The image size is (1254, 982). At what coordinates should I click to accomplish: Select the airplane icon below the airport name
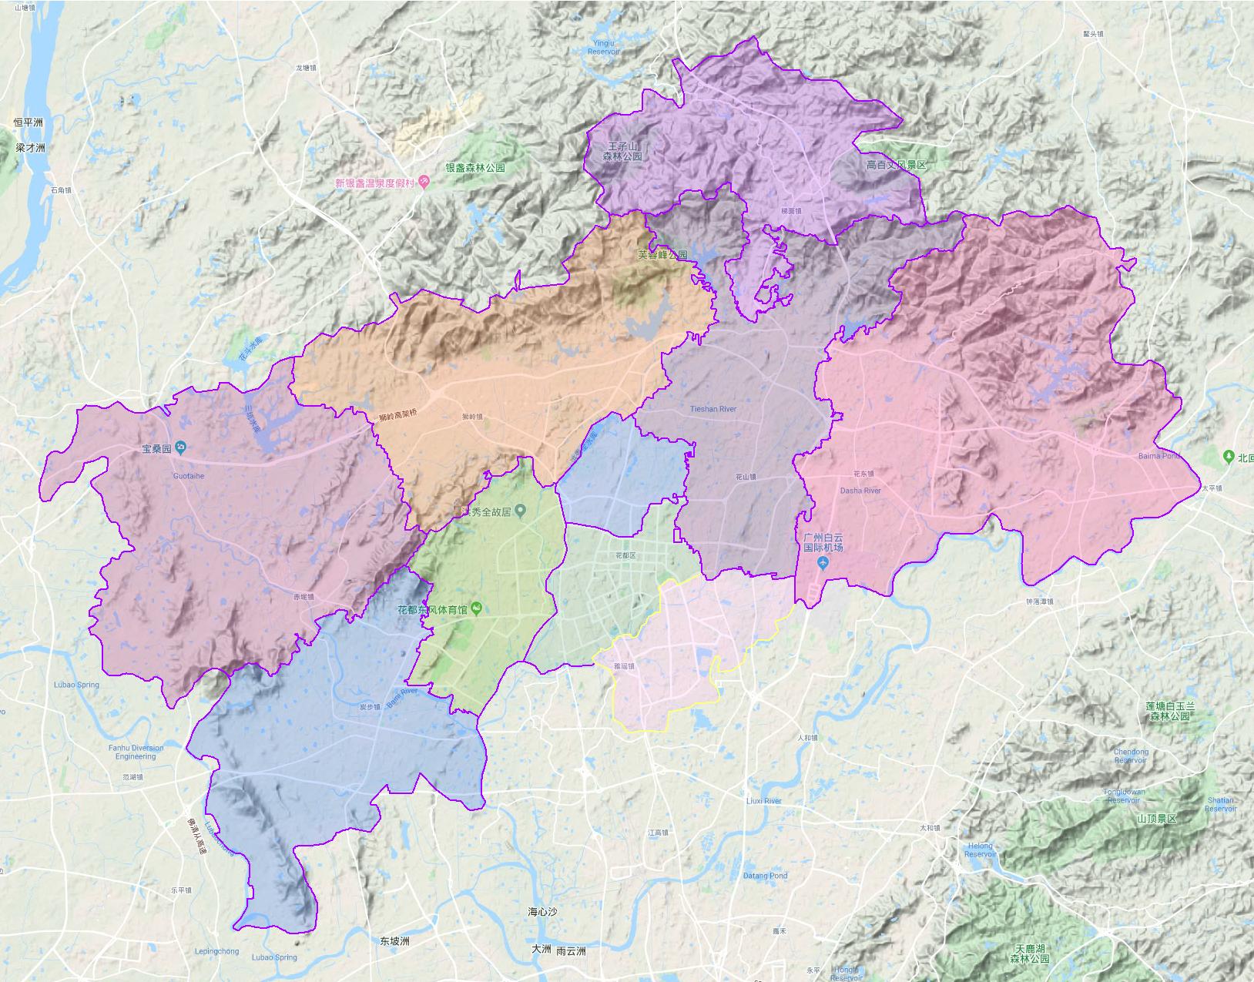point(823,564)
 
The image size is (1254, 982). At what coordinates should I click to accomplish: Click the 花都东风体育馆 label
point(434,609)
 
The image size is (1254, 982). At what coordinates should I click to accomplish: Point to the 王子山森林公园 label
point(622,151)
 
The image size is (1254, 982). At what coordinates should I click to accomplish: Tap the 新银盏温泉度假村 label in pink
point(374,183)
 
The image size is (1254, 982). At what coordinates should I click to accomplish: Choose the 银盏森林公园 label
point(475,167)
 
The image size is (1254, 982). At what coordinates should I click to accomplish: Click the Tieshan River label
point(713,410)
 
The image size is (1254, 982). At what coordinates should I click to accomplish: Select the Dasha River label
point(860,491)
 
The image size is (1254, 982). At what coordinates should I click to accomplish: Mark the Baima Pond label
point(1158,456)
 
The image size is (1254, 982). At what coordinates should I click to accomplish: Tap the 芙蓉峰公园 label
point(662,254)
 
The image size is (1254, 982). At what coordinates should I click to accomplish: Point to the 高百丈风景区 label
point(896,165)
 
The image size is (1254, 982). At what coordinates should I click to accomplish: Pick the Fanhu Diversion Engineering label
point(136,752)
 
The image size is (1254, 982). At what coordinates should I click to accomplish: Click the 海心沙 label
point(542,912)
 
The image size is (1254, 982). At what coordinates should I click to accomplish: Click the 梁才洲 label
point(30,147)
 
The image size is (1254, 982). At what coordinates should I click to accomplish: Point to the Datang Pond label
point(765,876)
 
